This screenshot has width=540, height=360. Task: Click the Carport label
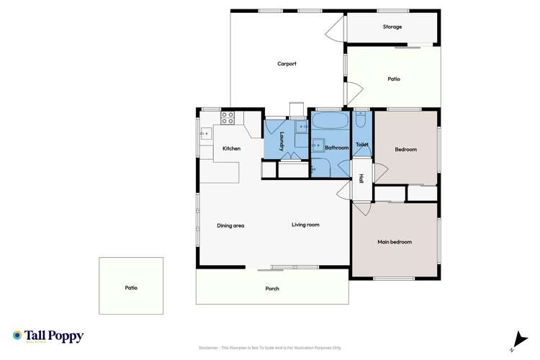click(287, 64)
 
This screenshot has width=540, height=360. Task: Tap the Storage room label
click(392, 27)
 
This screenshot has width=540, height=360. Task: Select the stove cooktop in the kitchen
click(228, 116)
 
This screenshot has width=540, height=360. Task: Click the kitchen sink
click(205, 132)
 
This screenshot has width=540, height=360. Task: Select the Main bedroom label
click(395, 242)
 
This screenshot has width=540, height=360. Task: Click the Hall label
click(361, 179)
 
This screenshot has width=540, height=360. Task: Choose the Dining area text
click(230, 225)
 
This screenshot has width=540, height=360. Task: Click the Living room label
click(305, 225)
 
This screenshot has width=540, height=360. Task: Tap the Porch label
click(271, 289)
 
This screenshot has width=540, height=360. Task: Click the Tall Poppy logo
click(48, 336)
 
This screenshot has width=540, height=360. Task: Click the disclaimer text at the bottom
click(271, 346)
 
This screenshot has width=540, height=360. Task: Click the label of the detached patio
click(130, 287)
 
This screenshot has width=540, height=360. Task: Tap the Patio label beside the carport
click(393, 79)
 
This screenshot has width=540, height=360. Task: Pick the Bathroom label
click(337, 148)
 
